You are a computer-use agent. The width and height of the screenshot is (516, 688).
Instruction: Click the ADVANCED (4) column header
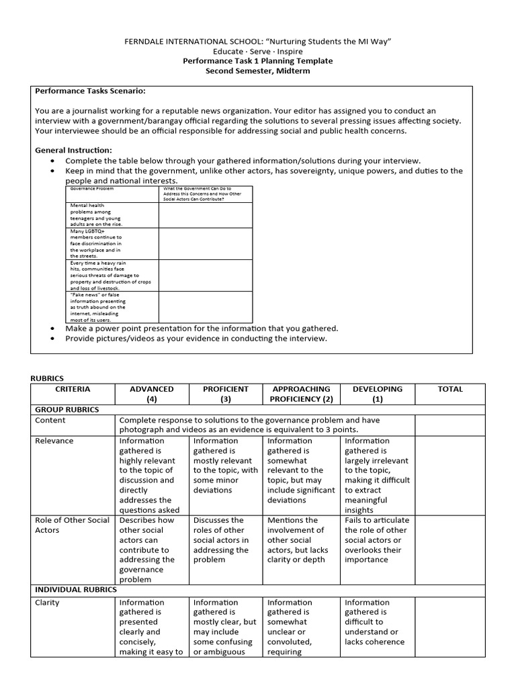[152, 394]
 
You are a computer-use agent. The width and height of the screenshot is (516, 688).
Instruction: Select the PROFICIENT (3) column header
[226, 394]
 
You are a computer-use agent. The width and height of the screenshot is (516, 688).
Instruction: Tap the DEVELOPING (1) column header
[378, 394]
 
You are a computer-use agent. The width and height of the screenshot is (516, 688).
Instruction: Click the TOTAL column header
[449, 389]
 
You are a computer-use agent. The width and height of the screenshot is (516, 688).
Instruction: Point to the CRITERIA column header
[73, 389]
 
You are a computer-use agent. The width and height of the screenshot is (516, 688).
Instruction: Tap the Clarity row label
[47, 603]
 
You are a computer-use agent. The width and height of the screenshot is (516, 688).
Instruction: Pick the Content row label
[50, 421]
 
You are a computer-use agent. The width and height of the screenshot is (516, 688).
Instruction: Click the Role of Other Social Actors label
[71, 525]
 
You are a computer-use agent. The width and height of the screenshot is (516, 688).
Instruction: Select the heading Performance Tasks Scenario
[90, 91]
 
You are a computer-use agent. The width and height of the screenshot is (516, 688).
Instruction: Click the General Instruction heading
[74, 150]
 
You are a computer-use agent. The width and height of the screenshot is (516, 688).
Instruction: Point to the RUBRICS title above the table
[48, 378]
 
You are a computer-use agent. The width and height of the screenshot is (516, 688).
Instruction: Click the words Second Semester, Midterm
[258, 71]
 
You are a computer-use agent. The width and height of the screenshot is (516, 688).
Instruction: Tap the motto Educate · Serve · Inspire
[258, 51]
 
